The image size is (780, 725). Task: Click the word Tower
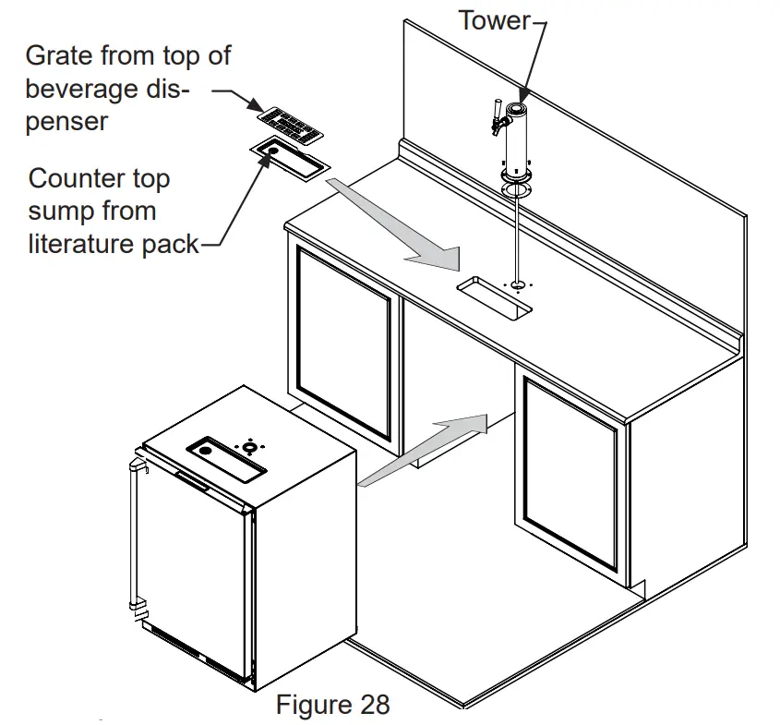pyautogui.click(x=494, y=19)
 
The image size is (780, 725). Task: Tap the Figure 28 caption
pyautogui.click(x=332, y=705)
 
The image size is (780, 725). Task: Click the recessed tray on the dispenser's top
pyautogui.click(x=227, y=459)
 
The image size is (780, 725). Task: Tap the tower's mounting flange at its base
pyautogui.click(x=517, y=175)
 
